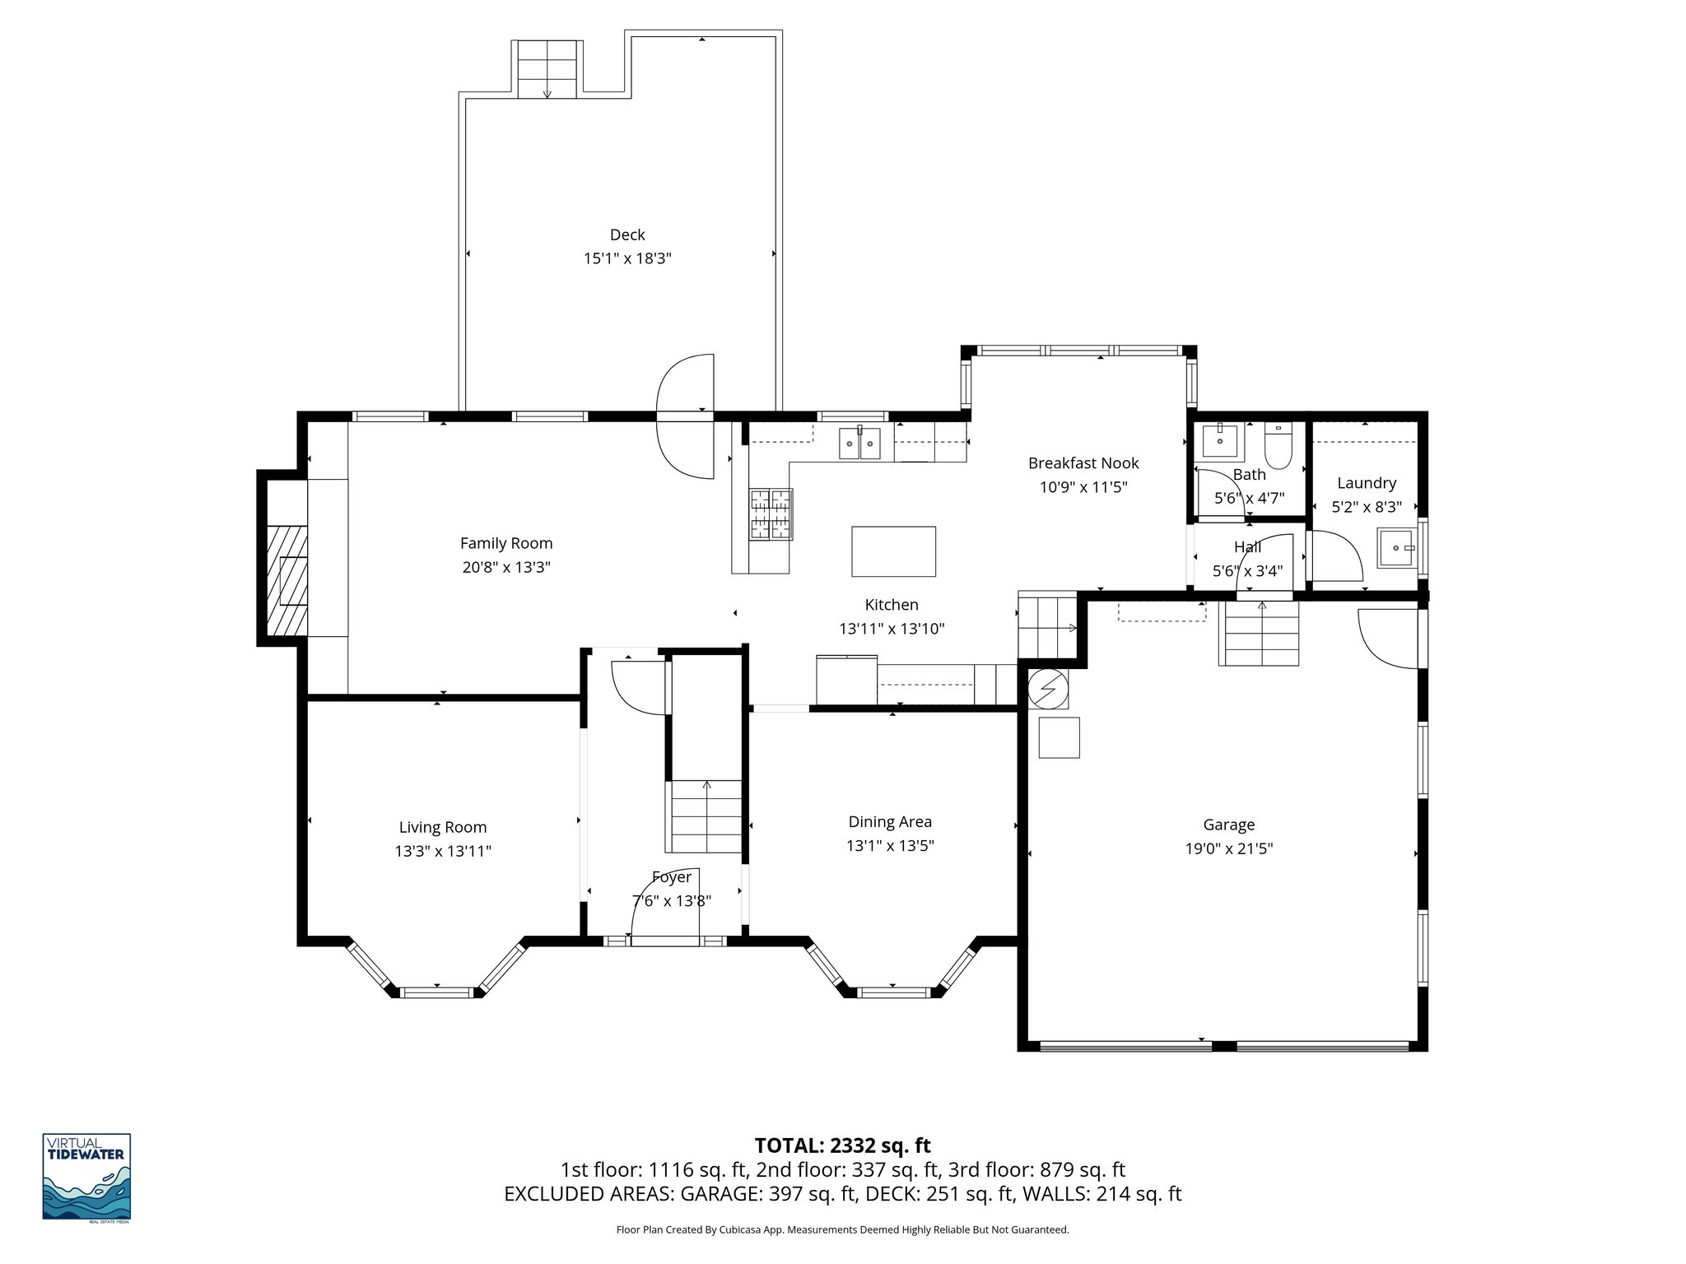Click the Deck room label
point(627,235)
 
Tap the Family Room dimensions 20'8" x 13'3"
point(505,567)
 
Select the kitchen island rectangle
point(893,551)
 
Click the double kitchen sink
point(859,444)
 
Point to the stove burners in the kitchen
point(771,514)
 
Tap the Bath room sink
point(1219,441)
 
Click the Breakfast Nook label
point(1083,463)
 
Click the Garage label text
point(1228,825)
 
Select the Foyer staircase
point(705,816)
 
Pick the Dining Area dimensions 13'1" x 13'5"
point(890,845)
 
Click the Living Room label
point(442,828)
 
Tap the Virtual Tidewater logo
point(86,1177)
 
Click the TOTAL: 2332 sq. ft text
point(842,1145)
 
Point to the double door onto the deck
point(686,417)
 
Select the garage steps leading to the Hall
point(1259,634)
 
